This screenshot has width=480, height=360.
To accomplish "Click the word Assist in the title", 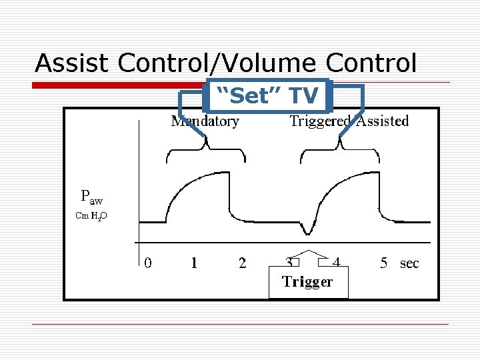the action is tap(73, 63).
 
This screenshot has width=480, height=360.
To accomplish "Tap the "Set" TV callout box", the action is tap(269, 96).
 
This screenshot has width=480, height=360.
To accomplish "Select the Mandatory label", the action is tap(205, 121).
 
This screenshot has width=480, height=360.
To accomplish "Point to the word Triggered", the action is tap(319, 121).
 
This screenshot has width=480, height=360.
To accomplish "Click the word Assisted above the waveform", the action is tap(382, 121).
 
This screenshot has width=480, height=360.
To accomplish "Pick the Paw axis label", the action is tap(91, 197).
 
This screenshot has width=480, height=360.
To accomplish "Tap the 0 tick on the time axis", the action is tap(148, 263).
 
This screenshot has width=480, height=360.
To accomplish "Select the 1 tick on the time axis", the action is tap(194, 263).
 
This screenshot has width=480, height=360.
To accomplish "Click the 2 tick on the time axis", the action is tap(242, 263).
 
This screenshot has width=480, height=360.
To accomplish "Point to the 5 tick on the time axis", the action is tap(383, 263).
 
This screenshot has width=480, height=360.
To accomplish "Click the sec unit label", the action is tap(409, 263).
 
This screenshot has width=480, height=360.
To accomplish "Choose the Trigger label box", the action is tap(307, 282).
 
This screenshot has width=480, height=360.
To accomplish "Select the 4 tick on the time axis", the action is tap(337, 262).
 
